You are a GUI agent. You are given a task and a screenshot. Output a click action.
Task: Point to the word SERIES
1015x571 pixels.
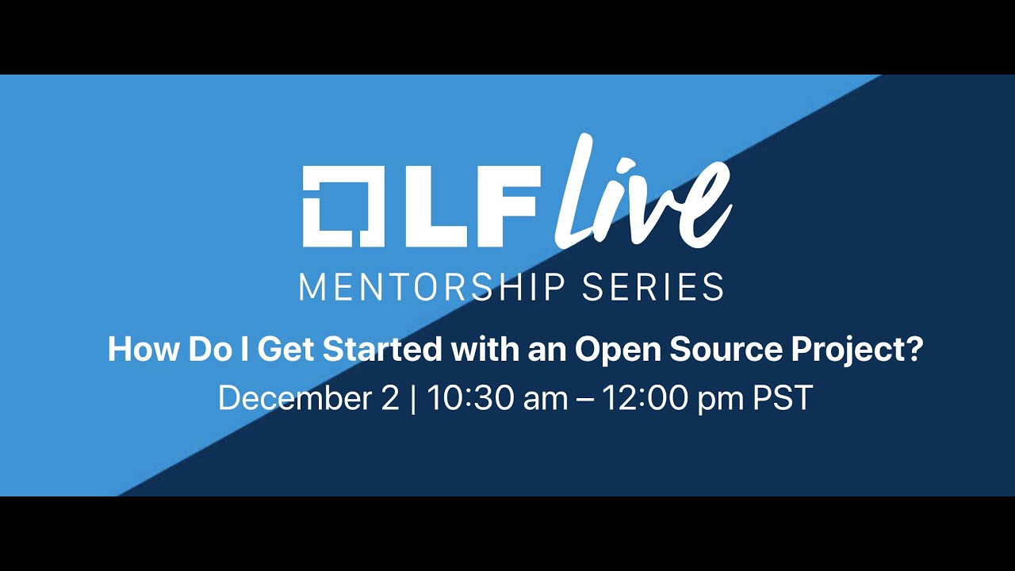point(653,287)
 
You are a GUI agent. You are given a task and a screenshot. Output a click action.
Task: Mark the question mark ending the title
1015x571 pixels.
point(915,350)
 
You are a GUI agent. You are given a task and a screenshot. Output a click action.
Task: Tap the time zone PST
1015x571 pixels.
point(783,399)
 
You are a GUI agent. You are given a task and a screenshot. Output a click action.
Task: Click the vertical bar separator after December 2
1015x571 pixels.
point(413,399)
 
